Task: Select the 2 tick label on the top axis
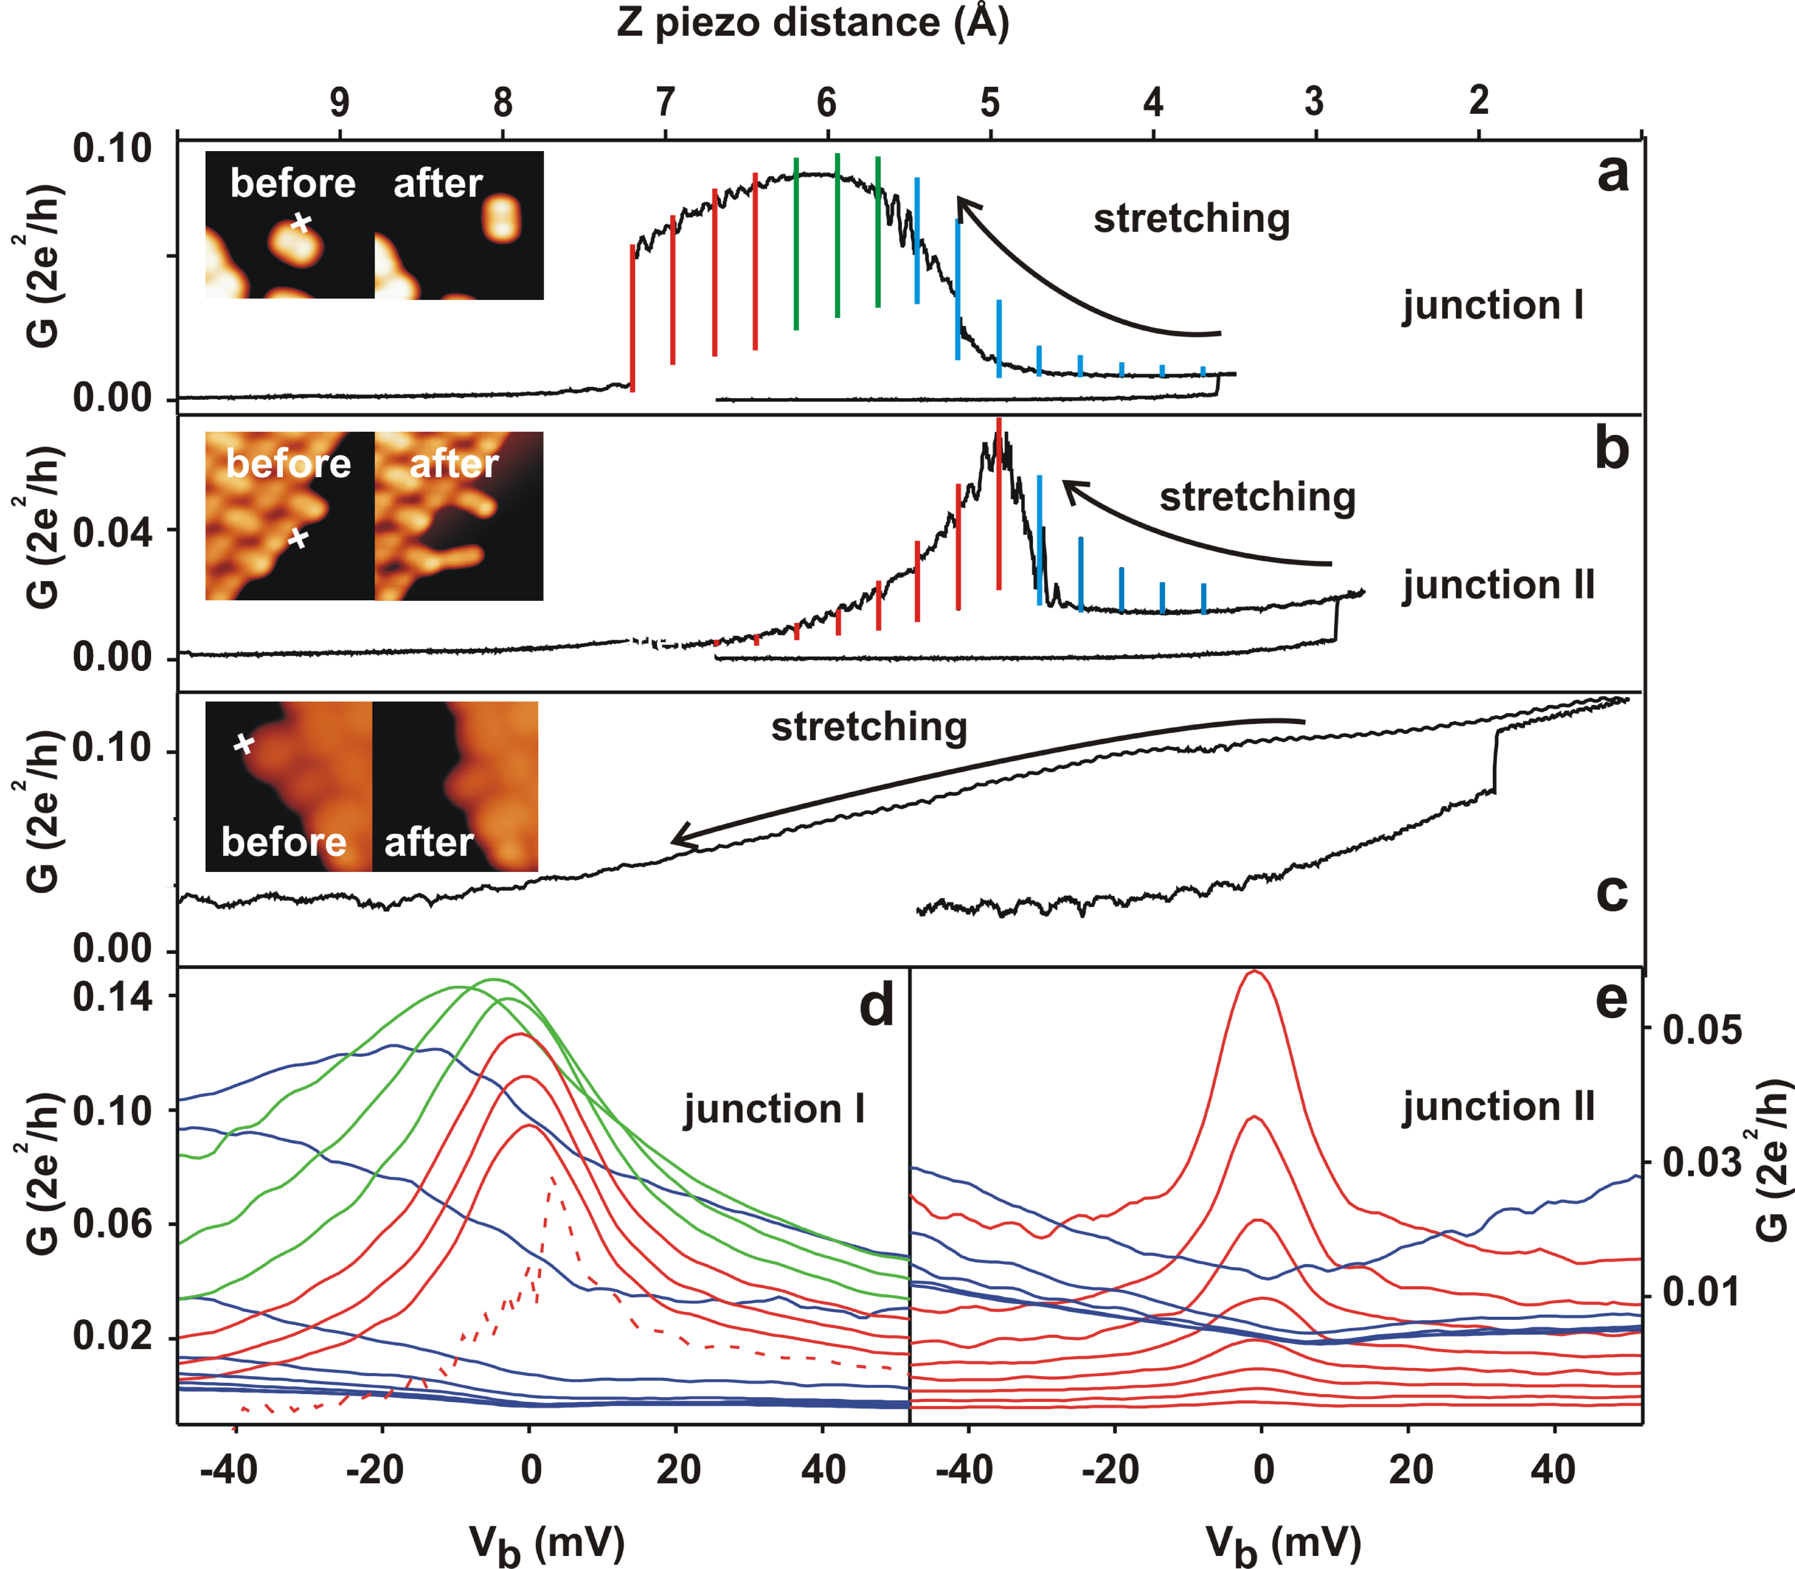pyautogui.click(x=1479, y=101)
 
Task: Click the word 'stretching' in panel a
pyautogui.click(x=1192, y=219)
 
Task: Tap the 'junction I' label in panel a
pyautogui.click(x=1493, y=305)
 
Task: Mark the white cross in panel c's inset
pyautogui.click(x=244, y=744)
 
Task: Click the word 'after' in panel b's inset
pyautogui.click(x=454, y=463)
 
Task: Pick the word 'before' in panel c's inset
pyautogui.click(x=284, y=842)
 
